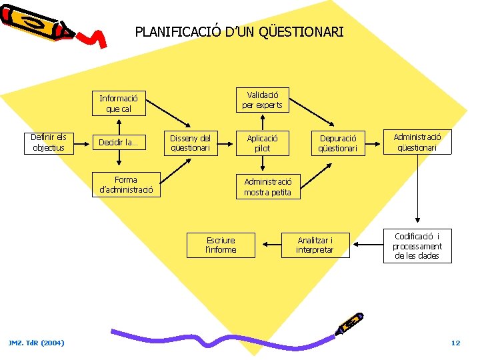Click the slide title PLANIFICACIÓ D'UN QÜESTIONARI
point(239,31)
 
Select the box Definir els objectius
point(48,143)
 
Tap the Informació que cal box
point(119,103)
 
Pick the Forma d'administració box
point(125,185)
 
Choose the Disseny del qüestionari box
point(190,143)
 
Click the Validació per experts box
point(262,100)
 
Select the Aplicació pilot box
point(262,143)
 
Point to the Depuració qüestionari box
point(337,143)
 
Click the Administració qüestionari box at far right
point(417,141)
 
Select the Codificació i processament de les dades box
point(417,246)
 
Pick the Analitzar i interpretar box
point(315,245)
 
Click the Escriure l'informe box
point(221,245)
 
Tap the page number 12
point(455,343)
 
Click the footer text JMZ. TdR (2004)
point(37,343)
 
